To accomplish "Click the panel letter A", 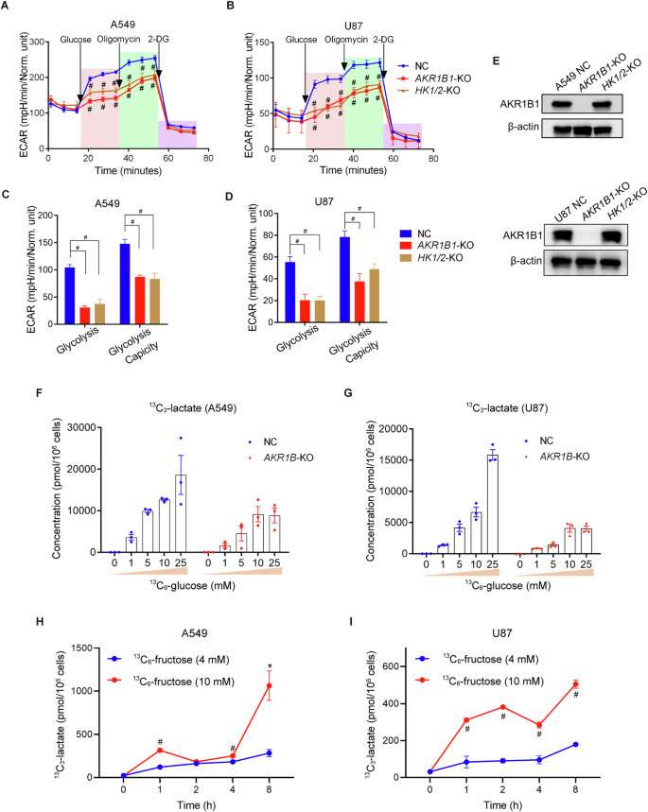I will [x=8, y=9].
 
